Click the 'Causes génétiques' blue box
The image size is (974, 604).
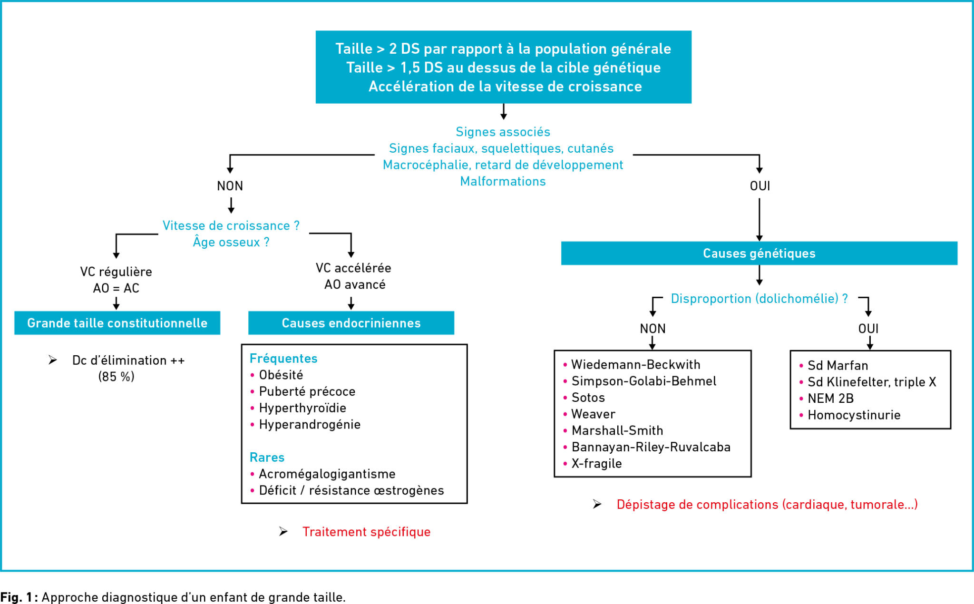(759, 253)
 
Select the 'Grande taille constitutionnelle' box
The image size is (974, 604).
(117, 323)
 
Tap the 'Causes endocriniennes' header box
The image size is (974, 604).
(351, 323)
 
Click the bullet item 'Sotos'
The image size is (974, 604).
(588, 398)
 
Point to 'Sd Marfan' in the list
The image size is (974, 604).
(838, 365)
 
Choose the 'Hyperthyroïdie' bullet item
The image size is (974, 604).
(302, 408)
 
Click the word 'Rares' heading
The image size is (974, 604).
(267, 458)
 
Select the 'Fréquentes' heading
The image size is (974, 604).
(283, 359)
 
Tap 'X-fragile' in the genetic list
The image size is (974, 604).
(596, 464)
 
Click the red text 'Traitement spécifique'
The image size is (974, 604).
(367, 532)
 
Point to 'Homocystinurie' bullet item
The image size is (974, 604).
(854, 415)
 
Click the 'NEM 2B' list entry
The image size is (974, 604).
(830, 399)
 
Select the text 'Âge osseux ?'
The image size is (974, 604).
(231, 242)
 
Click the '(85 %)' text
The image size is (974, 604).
(117, 377)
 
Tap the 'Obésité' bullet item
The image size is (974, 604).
(281, 375)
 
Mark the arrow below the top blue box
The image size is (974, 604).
(504, 111)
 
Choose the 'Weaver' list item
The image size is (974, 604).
(593, 414)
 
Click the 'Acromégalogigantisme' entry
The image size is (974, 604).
(327, 474)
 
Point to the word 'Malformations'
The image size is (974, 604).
(503, 181)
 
